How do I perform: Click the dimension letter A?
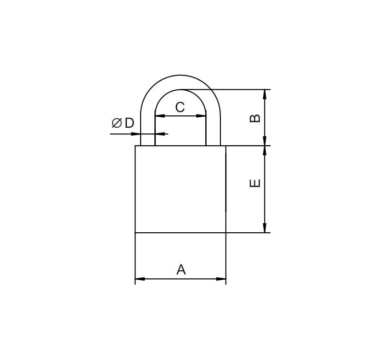point(181,270)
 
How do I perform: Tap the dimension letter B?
point(255,118)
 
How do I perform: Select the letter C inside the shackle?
point(180,107)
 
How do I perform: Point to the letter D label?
point(129,123)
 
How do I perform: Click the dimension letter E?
point(255,183)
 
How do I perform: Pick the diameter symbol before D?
point(116,123)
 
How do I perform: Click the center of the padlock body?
point(180,189)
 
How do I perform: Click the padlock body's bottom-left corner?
point(135,233)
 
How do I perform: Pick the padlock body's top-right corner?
point(226,146)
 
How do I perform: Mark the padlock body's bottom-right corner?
point(226,233)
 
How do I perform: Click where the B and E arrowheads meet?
point(265,146)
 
